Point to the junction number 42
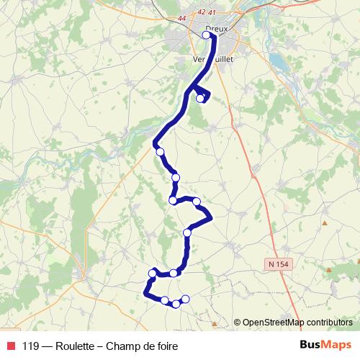click(x=201, y=12)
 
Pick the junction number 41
click(x=212, y=12)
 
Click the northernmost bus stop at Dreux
click(x=207, y=35)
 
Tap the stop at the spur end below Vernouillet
click(x=201, y=99)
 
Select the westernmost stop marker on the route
click(x=152, y=273)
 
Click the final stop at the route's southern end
click(x=185, y=299)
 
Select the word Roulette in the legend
click(x=75, y=346)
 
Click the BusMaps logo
click(x=325, y=345)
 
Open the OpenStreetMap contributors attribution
click(x=293, y=323)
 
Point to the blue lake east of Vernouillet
click(x=274, y=60)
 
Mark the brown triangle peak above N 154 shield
click(x=325, y=222)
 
